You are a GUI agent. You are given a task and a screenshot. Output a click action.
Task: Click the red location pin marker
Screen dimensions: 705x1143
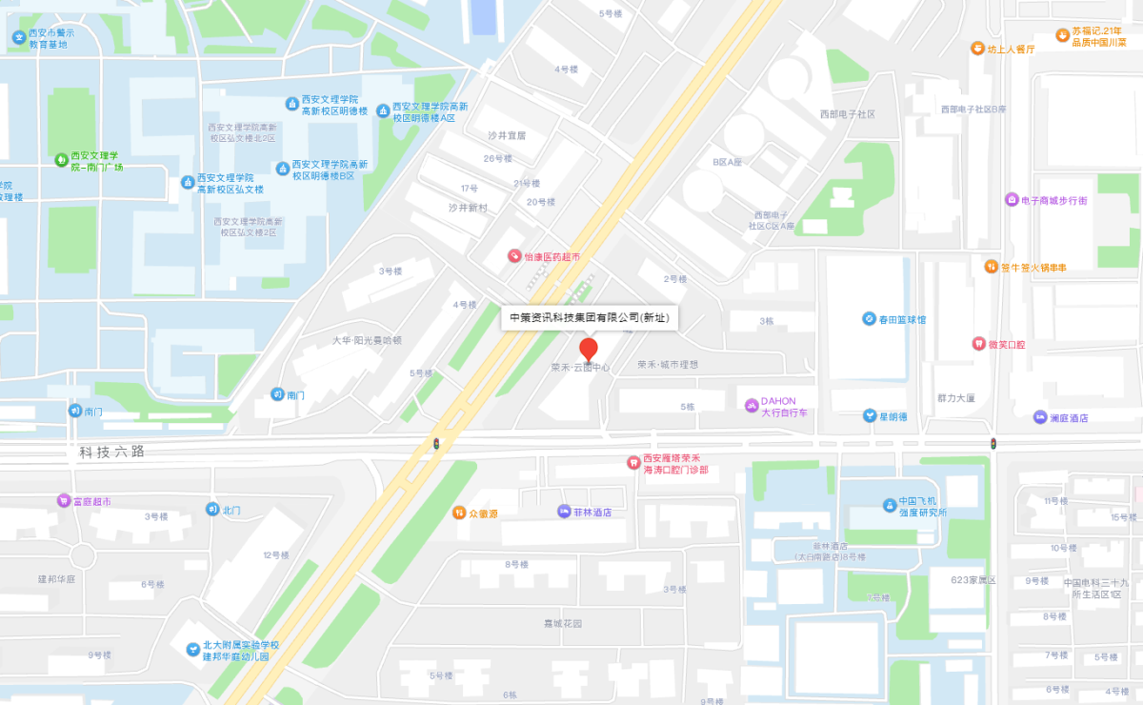pyautogui.click(x=589, y=349)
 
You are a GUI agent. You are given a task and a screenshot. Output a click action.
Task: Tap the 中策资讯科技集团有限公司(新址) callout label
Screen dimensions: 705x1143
pyautogui.click(x=589, y=317)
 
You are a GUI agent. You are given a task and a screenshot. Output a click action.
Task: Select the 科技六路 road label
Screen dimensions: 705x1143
pyautogui.click(x=112, y=452)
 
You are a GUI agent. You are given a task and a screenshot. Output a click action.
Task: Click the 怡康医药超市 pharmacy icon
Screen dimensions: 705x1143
pyautogui.click(x=514, y=257)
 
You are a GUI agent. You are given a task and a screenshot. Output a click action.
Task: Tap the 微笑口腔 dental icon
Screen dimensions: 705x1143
pyautogui.click(x=977, y=343)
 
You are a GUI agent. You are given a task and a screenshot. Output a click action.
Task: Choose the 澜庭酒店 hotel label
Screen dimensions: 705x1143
pyautogui.click(x=1069, y=417)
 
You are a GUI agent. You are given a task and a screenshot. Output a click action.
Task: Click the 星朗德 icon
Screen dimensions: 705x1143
pyautogui.click(x=870, y=416)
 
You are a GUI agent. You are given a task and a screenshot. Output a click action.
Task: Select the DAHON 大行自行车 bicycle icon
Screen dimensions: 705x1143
pyautogui.click(x=751, y=407)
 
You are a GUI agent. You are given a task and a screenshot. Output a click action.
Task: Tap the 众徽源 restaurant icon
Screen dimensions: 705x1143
pyautogui.click(x=458, y=513)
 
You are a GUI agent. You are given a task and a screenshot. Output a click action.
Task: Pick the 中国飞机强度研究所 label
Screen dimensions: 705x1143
pyautogui.click(x=922, y=507)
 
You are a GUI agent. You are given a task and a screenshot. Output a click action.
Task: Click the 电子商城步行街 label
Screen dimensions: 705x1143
pyautogui.click(x=1053, y=200)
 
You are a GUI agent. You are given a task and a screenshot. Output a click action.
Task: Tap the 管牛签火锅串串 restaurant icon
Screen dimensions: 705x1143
pyautogui.click(x=991, y=267)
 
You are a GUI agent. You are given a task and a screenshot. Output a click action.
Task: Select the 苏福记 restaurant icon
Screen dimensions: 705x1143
pyautogui.click(x=1063, y=35)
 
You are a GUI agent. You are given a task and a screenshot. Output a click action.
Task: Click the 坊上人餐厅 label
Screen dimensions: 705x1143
pyautogui.click(x=1011, y=49)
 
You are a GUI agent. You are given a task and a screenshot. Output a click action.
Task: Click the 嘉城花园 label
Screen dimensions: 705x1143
pyautogui.click(x=562, y=624)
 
